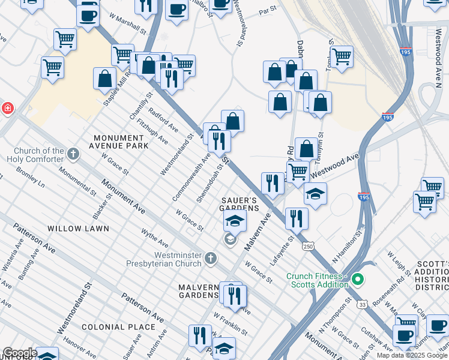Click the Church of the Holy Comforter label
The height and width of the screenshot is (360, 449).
[x=35, y=155]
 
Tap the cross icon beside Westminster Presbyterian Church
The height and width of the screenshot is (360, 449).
[x=210, y=258]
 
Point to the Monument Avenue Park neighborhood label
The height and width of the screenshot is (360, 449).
[x=118, y=142]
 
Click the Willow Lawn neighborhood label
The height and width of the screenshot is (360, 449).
[x=78, y=229]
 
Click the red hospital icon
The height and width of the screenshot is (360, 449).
[x=7, y=108]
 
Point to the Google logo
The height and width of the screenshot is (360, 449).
[x=19, y=353]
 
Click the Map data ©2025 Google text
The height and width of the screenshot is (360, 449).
[x=412, y=355]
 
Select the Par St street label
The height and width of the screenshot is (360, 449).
[x=267, y=11]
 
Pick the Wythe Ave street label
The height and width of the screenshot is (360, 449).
[x=154, y=238]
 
